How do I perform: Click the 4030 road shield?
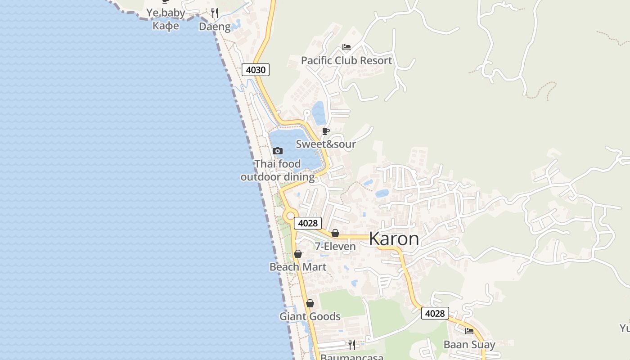[x=256, y=70]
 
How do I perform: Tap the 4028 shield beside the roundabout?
[x=308, y=223]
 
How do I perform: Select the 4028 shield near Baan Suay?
[x=435, y=313]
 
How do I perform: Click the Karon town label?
[x=394, y=239]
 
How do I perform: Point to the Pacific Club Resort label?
[x=346, y=60]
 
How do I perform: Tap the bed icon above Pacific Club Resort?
[x=346, y=47]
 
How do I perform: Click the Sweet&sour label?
[x=326, y=144]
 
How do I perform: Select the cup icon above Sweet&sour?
[x=326, y=131]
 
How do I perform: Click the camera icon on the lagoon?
[x=278, y=151]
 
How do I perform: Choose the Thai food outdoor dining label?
[x=278, y=170]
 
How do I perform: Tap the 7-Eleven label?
[x=335, y=246]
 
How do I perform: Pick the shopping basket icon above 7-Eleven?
[x=335, y=233]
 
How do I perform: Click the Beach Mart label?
[x=298, y=267]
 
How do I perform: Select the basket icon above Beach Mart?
[x=298, y=254]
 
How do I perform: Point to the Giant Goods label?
[x=310, y=316]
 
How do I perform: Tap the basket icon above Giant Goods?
[x=310, y=303]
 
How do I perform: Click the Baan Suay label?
[x=469, y=345]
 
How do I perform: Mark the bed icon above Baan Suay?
[x=469, y=331]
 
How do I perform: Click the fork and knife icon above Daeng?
[x=215, y=13]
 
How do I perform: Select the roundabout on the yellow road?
[x=289, y=216]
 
